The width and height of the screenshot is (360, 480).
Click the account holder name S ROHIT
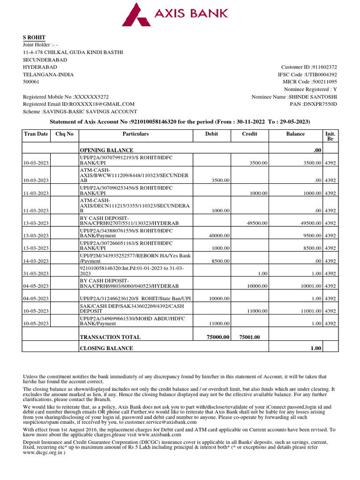(34, 37)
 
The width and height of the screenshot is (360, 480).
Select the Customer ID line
(308, 67)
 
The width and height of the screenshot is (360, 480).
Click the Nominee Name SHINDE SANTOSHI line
(294, 97)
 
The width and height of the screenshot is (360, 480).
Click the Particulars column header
(135, 134)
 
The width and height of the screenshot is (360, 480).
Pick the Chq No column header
(64, 134)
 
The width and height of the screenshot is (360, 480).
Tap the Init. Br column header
(330, 136)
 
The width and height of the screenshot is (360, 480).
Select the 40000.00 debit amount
(218, 236)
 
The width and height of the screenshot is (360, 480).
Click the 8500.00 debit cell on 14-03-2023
(220, 261)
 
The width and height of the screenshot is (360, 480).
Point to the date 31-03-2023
(36, 273)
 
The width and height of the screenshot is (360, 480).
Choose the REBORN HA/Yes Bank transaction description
(135, 258)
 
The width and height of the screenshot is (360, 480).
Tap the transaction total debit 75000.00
(218, 337)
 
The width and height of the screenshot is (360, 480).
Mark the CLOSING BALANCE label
(106, 348)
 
